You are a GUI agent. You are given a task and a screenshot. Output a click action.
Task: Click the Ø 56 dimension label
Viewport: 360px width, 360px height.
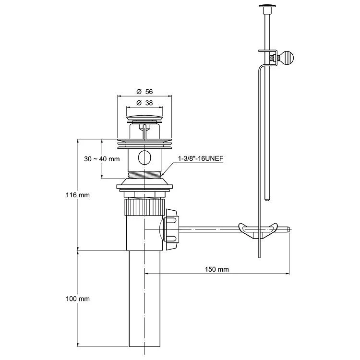tap(144, 92)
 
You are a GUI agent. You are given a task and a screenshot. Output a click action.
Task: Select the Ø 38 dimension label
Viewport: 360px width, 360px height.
tap(144, 103)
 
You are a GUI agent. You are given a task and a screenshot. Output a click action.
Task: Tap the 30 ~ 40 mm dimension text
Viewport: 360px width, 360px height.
tap(102, 159)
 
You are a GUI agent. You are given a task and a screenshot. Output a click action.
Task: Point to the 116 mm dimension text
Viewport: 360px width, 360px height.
tap(78, 195)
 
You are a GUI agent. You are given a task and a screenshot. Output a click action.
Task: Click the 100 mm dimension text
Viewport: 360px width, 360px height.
tap(78, 299)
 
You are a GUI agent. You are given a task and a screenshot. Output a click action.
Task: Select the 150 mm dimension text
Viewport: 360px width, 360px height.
tap(217, 269)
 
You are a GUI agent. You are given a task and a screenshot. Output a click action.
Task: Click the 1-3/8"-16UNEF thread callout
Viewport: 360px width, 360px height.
tap(201, 158)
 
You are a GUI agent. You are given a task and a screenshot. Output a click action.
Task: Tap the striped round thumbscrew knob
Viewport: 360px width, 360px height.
tap(287, 58)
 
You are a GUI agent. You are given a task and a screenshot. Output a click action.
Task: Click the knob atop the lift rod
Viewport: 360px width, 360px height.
tap(267, 6)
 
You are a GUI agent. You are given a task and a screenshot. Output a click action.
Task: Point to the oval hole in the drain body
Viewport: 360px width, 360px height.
tap(144, 157)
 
